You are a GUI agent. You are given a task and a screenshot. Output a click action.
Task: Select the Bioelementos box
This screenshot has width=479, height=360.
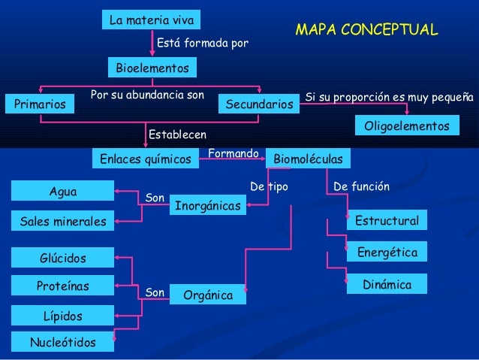tap(152, 68)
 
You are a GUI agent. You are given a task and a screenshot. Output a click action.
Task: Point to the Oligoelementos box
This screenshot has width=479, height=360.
tap(406, 126)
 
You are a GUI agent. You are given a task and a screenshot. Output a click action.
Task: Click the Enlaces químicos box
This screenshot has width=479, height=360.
tap(146, 159)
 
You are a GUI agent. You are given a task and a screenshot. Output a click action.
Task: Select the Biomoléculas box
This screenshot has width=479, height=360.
tap(308, 159)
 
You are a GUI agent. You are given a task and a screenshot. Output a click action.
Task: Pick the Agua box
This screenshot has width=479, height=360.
tap(62, 192)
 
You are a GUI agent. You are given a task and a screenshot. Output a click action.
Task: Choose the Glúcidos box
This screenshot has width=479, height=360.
tap(63, 259)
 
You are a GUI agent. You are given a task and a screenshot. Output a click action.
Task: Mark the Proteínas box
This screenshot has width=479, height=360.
tap(63, 286)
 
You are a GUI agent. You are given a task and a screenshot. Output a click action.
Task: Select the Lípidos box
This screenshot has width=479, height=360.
tap(63, 316)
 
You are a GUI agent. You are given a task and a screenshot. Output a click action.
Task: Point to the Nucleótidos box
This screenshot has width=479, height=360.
tap(63, 343)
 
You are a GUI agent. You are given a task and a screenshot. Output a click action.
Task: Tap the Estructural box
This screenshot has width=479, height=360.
tap(387, 221)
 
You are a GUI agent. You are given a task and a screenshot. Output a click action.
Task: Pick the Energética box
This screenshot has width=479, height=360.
tap(387, 253)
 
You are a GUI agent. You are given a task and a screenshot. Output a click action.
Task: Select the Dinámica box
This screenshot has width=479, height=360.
tap(387, 285)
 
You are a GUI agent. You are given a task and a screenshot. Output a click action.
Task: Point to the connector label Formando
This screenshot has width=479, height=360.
tap(233, 153)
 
